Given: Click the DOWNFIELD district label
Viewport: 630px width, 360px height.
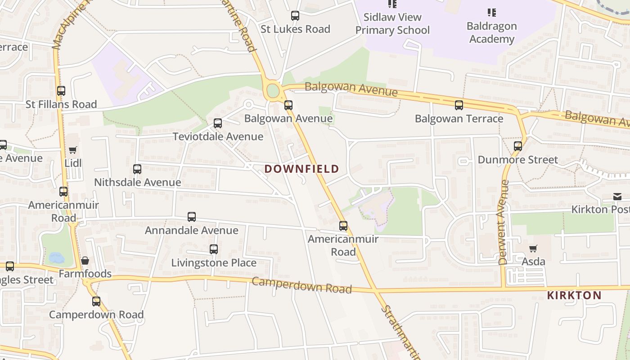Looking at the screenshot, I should pyautogui.click(x=301, y=169).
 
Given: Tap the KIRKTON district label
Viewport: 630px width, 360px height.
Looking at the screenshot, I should pyautogui.click(x=574, y=296).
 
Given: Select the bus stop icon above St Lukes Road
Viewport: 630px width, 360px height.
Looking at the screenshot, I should pyautogui.click(x=295, y=16).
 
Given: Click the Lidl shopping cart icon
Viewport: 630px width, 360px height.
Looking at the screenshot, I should pyautogui.click(x=73, y=150).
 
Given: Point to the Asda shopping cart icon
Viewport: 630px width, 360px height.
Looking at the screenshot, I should pyautogui.click(x=533, y=248).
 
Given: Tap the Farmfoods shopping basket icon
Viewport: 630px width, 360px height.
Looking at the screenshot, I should pyautogui.click(x=85, y=261).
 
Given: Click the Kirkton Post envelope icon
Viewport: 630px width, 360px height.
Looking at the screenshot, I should pyautogui.click(x=617, y=197).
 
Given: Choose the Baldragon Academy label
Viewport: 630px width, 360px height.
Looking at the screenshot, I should pyautogui.click(x=491, y=32).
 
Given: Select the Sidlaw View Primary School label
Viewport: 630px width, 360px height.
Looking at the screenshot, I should pyautogui.click(x=392, y=24).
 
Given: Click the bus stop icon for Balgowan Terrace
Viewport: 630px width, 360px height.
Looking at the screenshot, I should pyautogui.click(x=459, y=105).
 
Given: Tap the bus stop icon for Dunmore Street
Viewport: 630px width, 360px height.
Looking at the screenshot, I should pyautogui.click(x=518, y=146).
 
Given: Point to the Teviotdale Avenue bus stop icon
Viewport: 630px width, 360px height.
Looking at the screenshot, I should pyautogui.click(x=218, y=123).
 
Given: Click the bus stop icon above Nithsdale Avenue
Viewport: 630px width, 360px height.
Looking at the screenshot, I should pyautogui.click(x=137, y=169).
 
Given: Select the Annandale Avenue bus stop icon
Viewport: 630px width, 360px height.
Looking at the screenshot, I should pyautogui.click(x=192, y=217).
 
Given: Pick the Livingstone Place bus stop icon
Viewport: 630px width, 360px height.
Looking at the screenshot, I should pyautogui.click(x=214, y=249).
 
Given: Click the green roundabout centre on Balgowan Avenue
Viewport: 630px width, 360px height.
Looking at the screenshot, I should pyautogui.click(x=273, y=91).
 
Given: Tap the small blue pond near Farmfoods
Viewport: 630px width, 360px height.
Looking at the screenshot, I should pyautogui.click(x=57, y=258).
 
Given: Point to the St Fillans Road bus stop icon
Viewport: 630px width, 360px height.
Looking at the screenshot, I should pyautogui.click(x=61, y=91).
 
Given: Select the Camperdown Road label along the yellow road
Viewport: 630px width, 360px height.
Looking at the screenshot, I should pyautogui.click(x=301, y=285).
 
